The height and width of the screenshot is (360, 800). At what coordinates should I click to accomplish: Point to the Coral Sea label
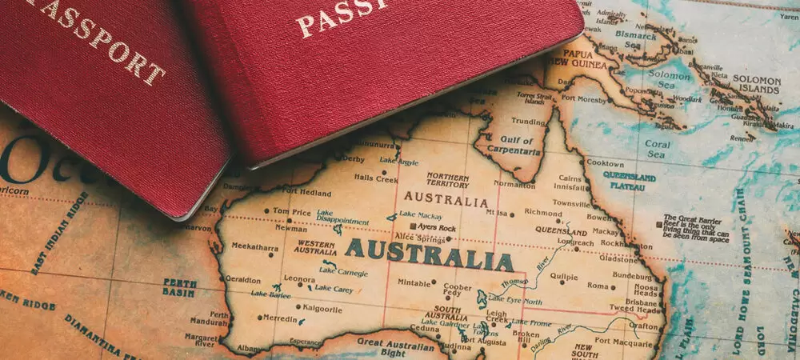point(658,150)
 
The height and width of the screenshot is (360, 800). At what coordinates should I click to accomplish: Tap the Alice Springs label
point(420,239)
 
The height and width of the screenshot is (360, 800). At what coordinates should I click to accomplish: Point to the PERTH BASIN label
point(180,287)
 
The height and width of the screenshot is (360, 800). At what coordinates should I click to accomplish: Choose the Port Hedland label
point(306,192)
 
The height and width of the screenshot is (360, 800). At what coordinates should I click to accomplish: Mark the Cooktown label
point(605,162)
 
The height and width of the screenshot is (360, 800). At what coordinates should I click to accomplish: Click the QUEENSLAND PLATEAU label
point(630,180)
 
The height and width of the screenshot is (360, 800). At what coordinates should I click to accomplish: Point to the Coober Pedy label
point(457,290)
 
